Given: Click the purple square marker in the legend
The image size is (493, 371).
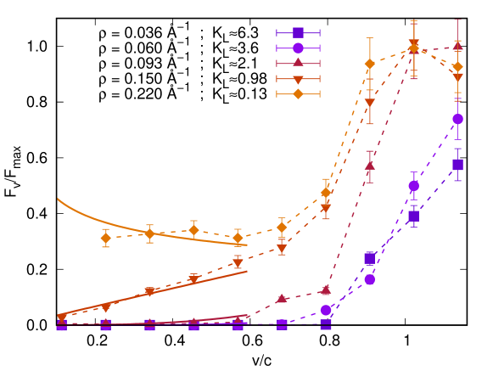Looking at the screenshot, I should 298,33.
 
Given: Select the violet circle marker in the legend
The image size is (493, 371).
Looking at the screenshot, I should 298,48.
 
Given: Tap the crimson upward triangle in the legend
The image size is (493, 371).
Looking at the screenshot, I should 298,63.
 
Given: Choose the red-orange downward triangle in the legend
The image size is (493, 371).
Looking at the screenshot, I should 298,79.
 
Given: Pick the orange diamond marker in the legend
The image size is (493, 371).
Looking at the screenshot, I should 298,93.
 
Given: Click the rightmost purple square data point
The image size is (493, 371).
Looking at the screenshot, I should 457,165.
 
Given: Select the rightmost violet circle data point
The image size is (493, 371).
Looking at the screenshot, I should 457,119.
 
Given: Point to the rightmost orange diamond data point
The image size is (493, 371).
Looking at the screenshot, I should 457,66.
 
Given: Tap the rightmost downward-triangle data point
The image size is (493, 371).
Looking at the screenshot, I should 457,77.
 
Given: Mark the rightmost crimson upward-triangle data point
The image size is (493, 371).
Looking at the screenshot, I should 457,47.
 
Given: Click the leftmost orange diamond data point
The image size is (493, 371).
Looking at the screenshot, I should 106,239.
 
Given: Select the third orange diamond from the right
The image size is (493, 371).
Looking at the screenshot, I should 369,64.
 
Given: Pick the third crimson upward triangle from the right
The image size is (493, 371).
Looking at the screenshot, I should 369,165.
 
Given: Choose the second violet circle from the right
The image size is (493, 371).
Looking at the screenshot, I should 413,185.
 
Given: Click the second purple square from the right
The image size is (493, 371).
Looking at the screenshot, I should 413,216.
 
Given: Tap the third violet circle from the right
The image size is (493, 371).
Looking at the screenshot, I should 369,279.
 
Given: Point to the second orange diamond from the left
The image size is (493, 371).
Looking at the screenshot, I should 149,233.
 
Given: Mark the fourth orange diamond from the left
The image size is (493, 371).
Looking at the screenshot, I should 238,238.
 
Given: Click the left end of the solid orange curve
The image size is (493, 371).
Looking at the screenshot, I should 58,199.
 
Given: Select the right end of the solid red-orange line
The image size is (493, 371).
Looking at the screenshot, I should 247,271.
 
